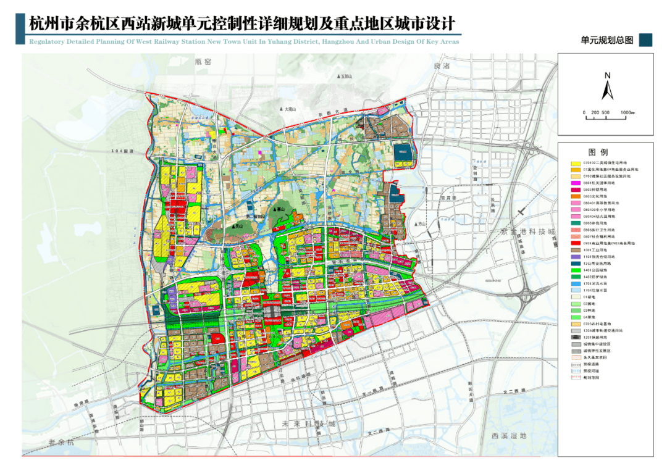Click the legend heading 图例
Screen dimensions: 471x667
597,152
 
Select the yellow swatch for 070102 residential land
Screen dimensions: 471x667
574,162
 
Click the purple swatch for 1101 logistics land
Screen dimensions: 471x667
574,257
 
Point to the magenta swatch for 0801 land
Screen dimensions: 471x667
574,183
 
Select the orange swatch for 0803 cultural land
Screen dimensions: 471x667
574,196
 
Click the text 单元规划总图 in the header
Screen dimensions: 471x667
607,40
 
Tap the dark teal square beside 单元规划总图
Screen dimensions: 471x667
645,40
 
